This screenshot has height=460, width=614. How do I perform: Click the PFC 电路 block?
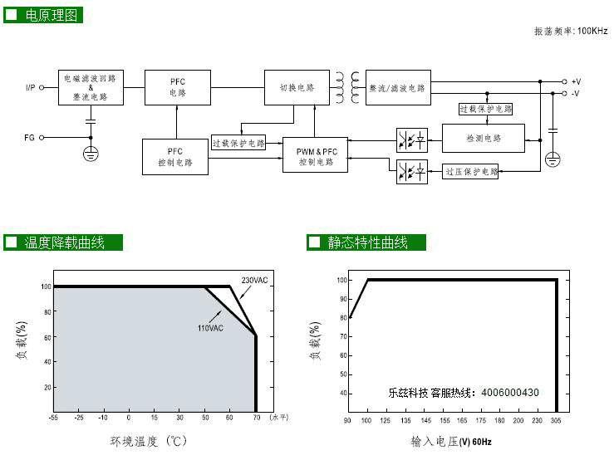178,87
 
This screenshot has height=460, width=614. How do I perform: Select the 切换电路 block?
297,87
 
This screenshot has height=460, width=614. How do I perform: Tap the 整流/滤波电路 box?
399,87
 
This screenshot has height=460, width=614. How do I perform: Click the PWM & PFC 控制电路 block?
317,155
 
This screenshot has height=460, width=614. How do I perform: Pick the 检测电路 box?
484,138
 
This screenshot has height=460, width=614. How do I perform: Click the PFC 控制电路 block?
175,157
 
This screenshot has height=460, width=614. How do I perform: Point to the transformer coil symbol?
348,87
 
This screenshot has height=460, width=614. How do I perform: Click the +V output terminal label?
576,81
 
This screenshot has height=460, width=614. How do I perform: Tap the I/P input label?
31,87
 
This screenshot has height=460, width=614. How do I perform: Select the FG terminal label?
30,138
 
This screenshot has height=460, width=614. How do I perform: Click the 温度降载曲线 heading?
64,242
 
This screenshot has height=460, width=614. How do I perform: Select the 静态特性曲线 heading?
367,242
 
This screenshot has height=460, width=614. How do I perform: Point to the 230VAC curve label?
255,281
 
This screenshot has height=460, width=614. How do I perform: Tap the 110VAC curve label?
210,328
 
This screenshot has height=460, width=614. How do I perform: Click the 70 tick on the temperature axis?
255,419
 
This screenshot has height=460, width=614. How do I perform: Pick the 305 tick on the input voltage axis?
556,420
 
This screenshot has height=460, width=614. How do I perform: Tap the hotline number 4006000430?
509,393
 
